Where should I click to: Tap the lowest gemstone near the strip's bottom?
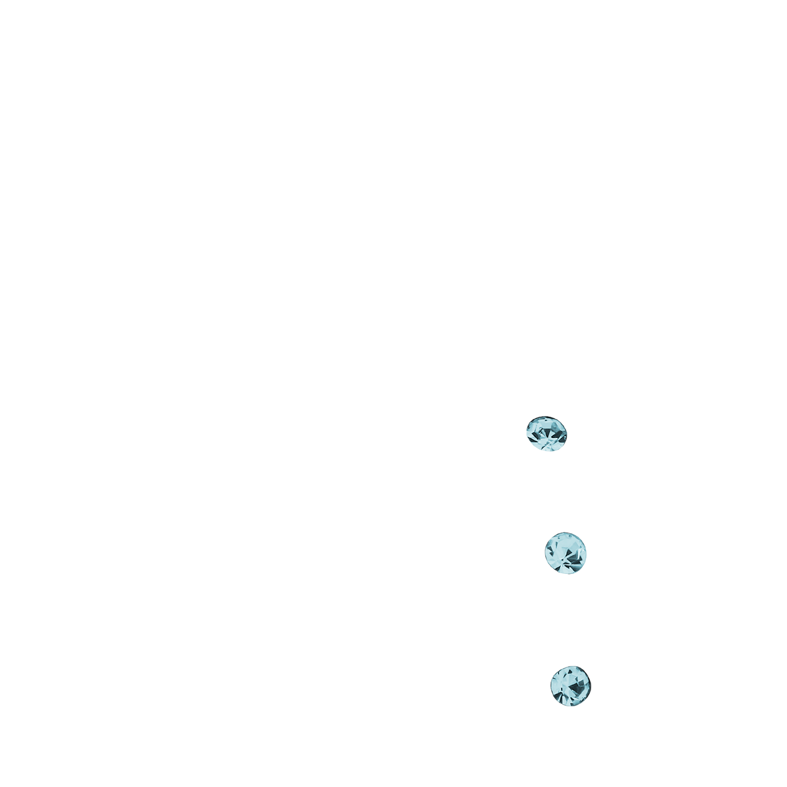[x=570, y=686]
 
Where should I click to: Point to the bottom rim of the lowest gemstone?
[x=570, y=705]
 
